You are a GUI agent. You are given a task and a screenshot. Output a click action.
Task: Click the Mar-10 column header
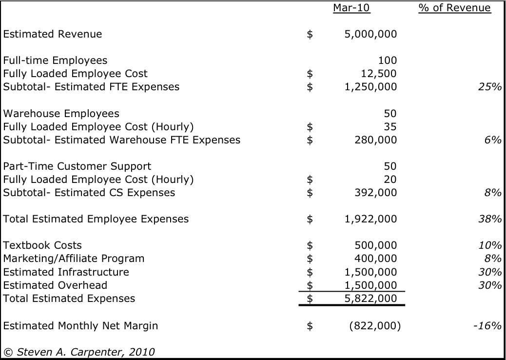click(x=351, y=8)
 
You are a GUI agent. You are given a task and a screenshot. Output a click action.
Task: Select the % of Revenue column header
click(x=454, y=8)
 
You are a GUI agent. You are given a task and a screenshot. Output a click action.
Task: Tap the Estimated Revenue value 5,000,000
click(x=370, y=34)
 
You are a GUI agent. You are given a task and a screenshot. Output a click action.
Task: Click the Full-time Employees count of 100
click(x=388, y=60)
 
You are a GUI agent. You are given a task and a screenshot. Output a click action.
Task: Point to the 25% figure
click(x=489, y=87)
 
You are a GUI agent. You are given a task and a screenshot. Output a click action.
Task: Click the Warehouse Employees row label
click(x=61, y=114)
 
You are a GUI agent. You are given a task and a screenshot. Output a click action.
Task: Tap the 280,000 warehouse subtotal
click(x=375, y=140)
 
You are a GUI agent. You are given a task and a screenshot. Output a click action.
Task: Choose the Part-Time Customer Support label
click(x=77, y=166)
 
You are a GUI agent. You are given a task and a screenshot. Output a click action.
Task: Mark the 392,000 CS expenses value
click(x=375, y=193)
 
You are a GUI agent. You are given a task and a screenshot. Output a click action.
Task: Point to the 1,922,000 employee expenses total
click(x=370, y=219)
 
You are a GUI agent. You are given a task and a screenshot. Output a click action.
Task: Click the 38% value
click(x=489, y=219)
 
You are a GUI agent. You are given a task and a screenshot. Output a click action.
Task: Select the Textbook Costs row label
click(x=42, y=245)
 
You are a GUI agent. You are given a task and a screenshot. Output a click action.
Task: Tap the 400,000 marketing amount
click(x=375, y=259)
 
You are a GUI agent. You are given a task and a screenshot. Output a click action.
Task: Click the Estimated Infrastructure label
click(x=66, y=272)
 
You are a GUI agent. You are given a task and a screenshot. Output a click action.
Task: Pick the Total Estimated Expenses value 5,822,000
click(x=370, y=299)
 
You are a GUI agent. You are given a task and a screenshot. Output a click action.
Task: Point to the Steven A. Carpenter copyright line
click(x=79, y=352)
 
